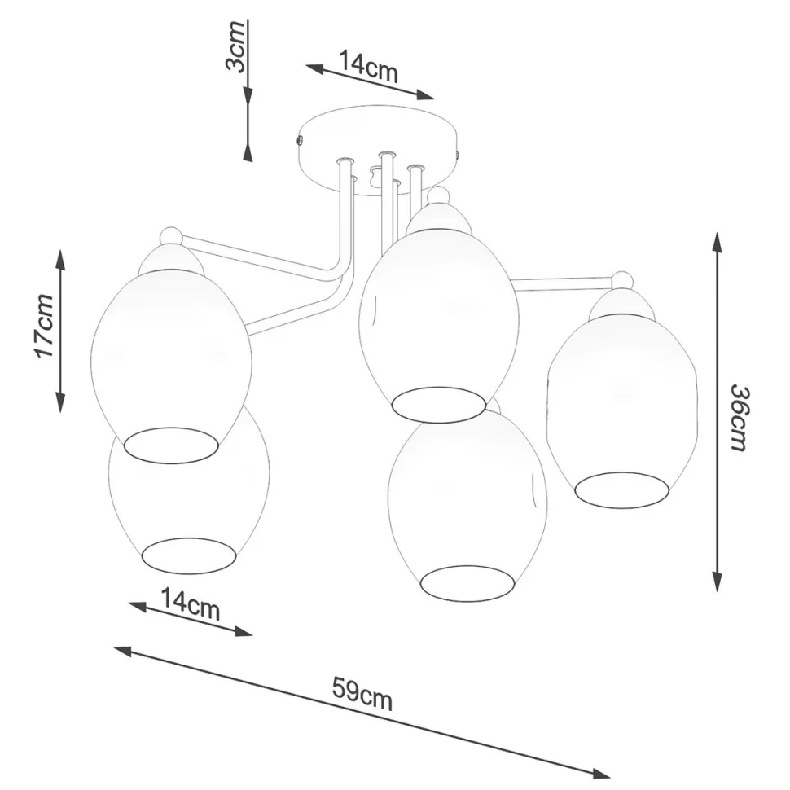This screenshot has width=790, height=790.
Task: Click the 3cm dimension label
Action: click(235, 46)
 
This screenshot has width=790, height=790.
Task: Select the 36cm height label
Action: click(740, 418)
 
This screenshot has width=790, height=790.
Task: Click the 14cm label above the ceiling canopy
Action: click(368, 66)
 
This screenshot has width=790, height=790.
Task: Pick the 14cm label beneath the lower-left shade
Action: click(191, 604)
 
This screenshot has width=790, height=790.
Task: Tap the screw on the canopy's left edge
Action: click(299, 139)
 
